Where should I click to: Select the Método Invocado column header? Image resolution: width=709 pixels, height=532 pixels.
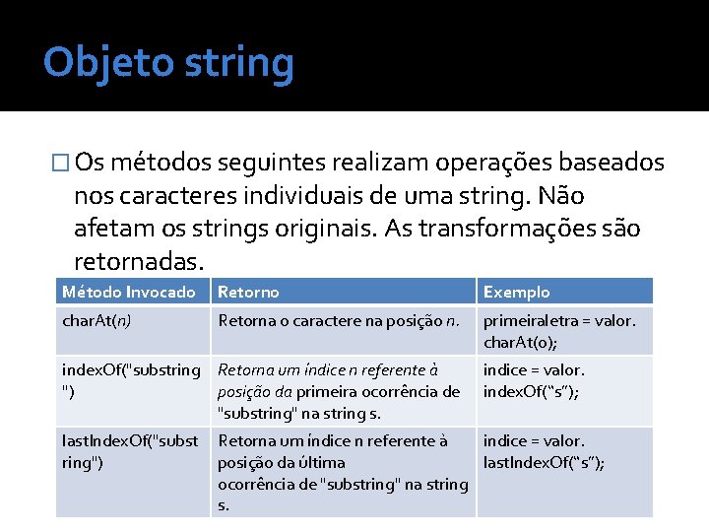pos(128,292)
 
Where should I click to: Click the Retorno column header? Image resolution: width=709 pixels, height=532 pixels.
pos(248,292)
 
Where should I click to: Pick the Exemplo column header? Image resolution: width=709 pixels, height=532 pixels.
pos(516,292)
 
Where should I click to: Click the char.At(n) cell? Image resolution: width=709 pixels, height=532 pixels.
pos(97,320)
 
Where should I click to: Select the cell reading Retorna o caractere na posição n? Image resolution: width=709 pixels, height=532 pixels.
pos(338,320)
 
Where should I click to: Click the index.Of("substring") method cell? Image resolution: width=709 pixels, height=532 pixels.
pos(130,380)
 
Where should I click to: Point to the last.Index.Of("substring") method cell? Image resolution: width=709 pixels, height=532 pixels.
pos(130,451)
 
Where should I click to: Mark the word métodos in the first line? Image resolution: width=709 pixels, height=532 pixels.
pos(162,163)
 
